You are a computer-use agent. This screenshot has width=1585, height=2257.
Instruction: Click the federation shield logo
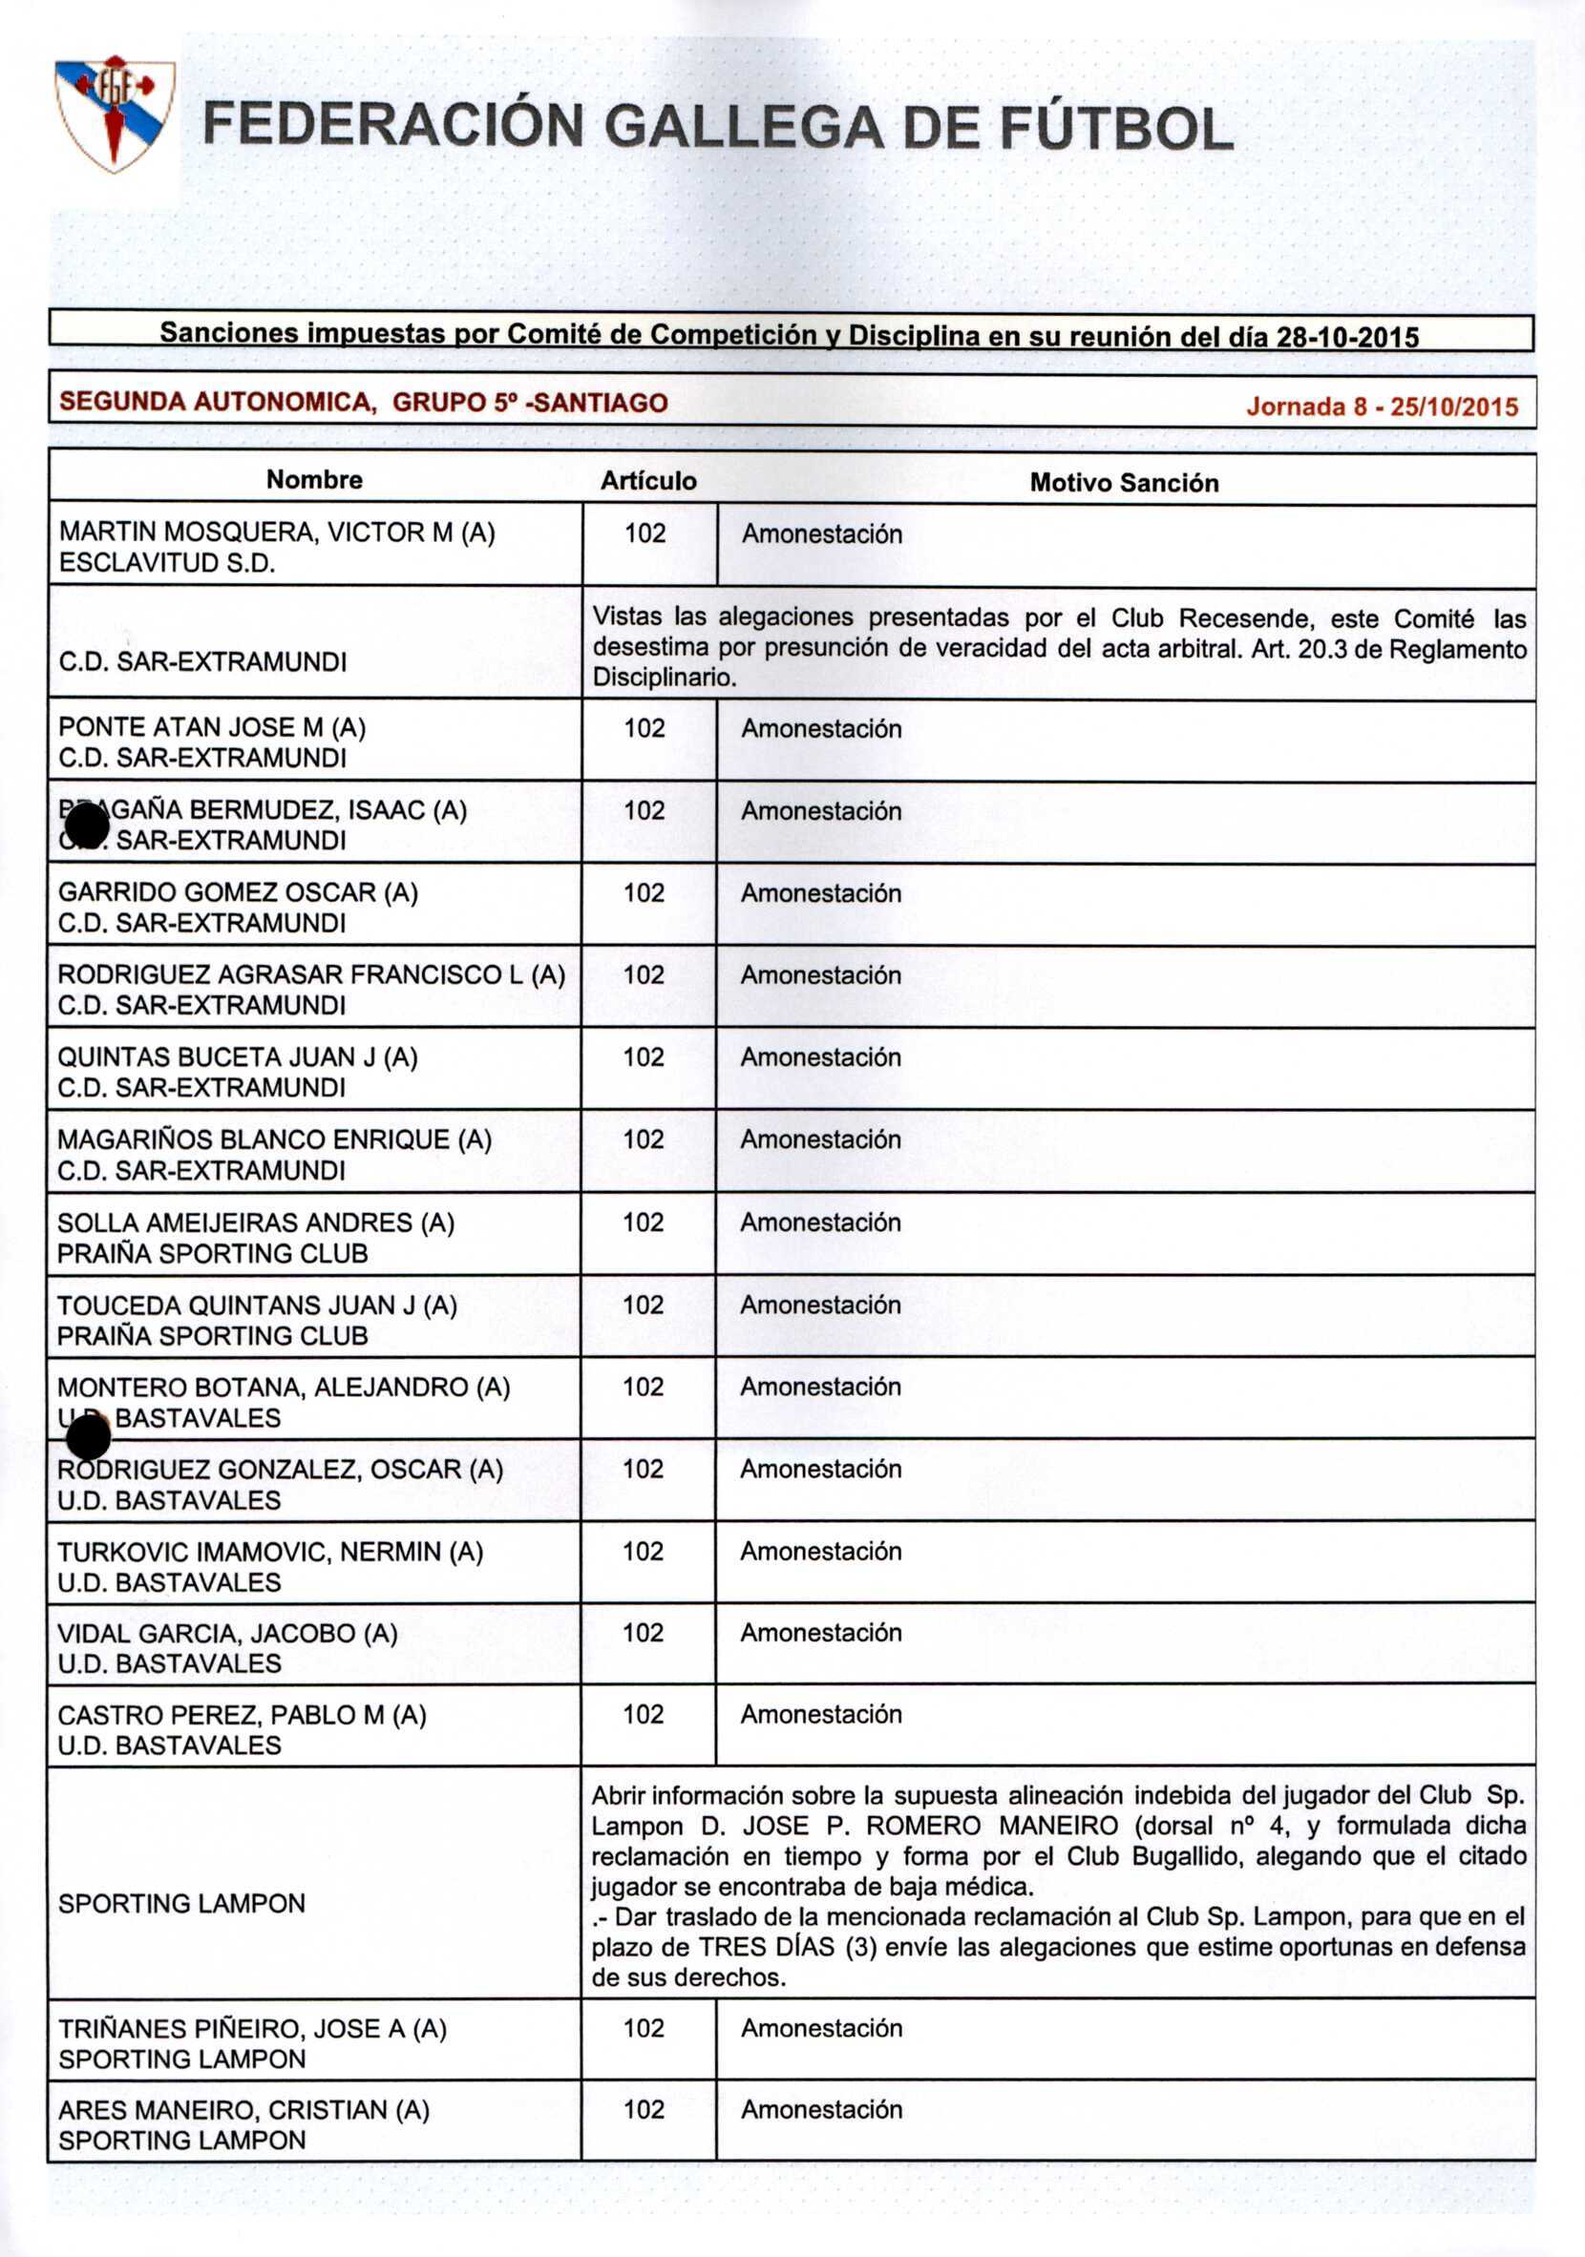pyautogui.click(x=114, y=113)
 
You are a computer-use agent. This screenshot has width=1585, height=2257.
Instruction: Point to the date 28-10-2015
pyautogui.click(x=1347, y=337)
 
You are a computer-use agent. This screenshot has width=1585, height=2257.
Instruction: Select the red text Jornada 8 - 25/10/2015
pyautogui.click(x=1382, y=406)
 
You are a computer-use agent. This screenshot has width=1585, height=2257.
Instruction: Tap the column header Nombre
pyautogui.click(x=315, y=480)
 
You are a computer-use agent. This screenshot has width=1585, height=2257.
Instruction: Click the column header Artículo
pyautogui.click(x=648, y=481)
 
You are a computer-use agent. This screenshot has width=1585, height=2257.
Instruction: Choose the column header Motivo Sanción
pyautogui.click(x=1124, y=483)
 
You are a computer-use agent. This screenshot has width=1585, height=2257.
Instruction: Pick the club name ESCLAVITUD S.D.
pyautogui.click(x=167, y=563)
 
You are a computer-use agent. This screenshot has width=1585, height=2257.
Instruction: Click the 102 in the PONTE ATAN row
pyautogui.click(x=645, y=728)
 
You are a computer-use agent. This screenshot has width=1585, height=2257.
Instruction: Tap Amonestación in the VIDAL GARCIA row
pyautogui.click(x=821, y=1633)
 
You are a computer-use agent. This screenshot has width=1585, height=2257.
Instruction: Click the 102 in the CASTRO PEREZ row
pyautogui.click(x=643, y=1714)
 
